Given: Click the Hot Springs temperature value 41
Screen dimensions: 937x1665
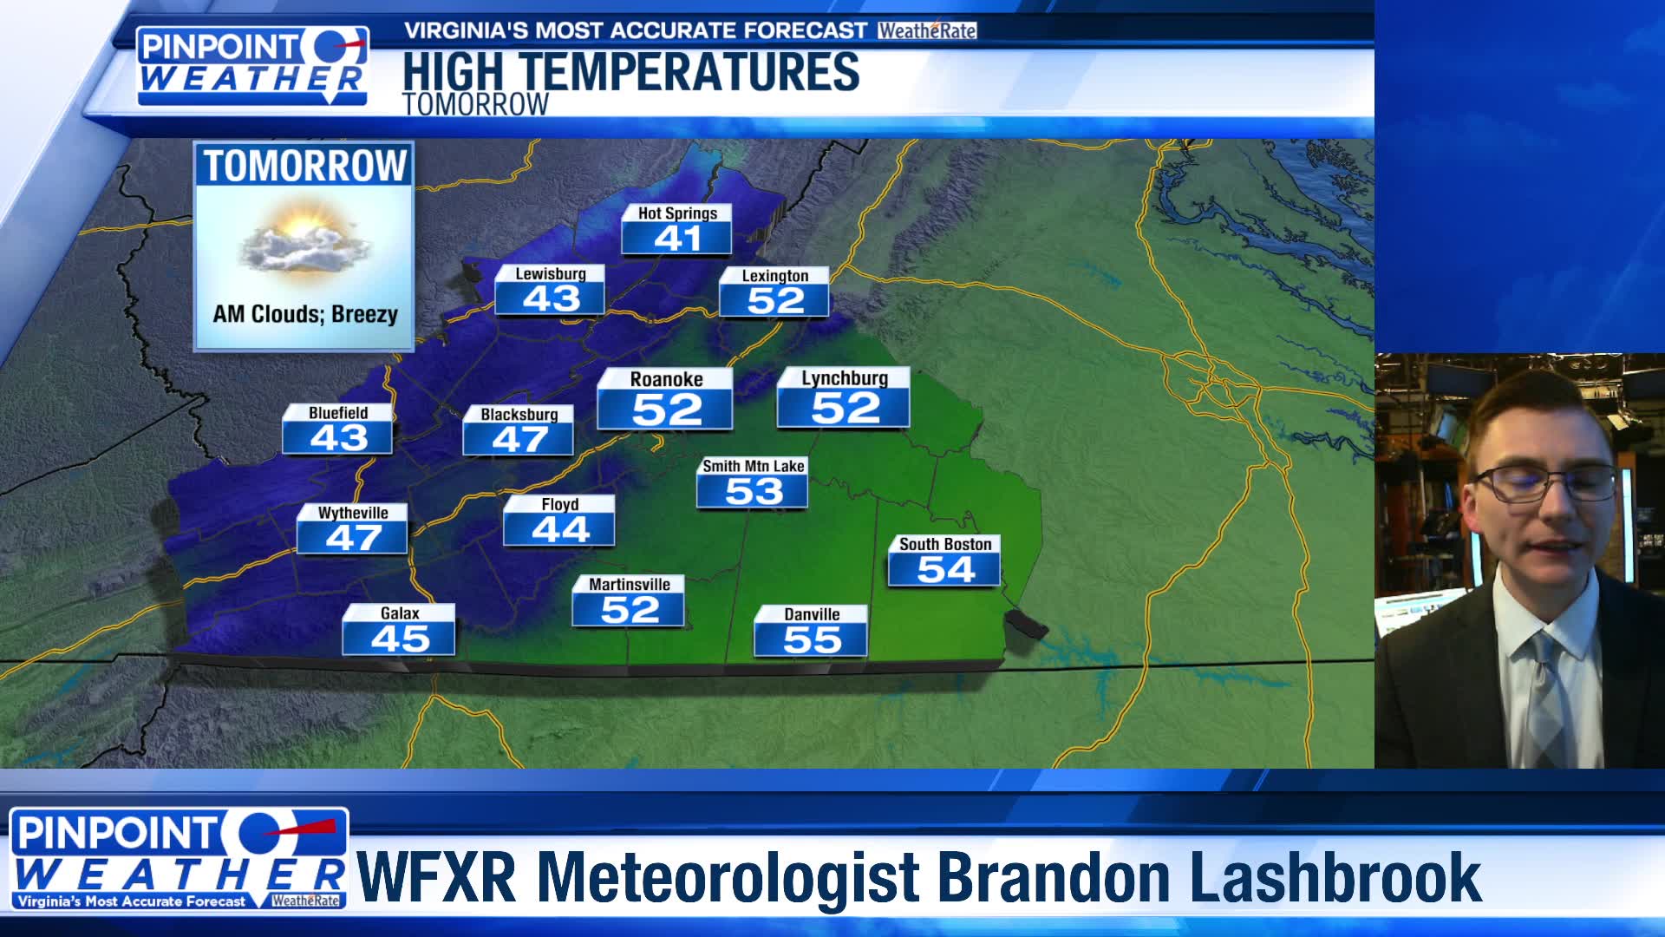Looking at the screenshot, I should point(677,239).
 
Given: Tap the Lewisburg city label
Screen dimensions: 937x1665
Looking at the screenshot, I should point(551,274).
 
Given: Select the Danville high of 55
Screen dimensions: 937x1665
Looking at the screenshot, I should point(812,640).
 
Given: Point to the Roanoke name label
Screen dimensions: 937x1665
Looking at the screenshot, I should point(666,379).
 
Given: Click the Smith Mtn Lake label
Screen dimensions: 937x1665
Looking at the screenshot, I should point(753,466).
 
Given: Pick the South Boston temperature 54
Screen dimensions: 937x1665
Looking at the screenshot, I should point(945,570).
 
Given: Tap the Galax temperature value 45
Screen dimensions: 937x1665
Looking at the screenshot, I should point(400,639).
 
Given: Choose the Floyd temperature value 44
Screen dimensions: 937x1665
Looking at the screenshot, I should point(560,529).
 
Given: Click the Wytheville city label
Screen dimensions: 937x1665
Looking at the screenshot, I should point(352,513).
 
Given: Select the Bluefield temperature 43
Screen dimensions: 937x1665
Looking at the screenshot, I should point(338,438).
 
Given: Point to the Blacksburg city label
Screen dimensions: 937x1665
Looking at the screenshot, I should point(519,415).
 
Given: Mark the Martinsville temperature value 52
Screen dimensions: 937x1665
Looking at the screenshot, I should point(630,610).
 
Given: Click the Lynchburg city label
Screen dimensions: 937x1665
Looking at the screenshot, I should point(845,378).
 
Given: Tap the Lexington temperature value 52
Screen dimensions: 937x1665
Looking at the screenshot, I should point(775,301).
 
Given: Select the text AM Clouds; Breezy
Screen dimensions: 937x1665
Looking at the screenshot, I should point(305,314).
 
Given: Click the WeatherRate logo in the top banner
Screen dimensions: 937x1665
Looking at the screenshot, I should point(926,31).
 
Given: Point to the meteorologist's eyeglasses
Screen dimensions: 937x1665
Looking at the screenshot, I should point(1545,482).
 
